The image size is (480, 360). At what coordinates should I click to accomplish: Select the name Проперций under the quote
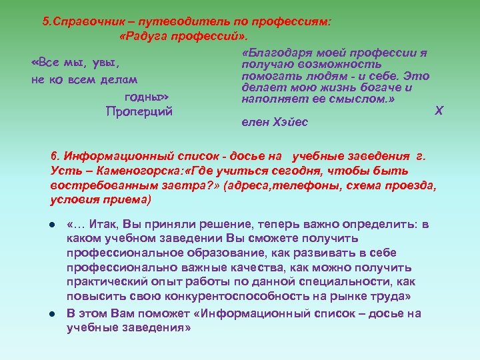click(139, 111)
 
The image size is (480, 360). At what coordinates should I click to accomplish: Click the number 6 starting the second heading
click(53, 156)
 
